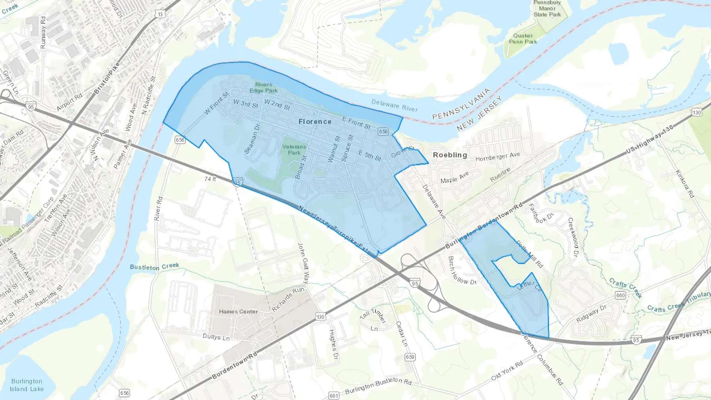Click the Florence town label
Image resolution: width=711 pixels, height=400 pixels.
315,122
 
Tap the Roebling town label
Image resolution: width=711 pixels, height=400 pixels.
450,155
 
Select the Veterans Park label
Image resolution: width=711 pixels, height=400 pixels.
294,150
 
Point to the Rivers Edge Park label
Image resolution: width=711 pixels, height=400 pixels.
263,88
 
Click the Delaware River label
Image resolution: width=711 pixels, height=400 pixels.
394,105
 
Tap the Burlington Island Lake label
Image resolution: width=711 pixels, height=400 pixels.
26,385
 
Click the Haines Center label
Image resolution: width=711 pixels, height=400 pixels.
238,312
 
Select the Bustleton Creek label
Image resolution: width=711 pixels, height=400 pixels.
154,267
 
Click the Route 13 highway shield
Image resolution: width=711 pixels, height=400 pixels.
160,15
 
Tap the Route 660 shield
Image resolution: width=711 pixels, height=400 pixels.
620,295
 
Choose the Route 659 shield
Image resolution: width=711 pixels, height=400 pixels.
410,357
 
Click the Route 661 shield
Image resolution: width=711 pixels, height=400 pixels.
334,395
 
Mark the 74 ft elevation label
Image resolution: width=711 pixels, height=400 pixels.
210,179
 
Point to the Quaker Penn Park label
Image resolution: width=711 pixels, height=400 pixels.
523,39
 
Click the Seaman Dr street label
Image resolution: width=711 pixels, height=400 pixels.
252,139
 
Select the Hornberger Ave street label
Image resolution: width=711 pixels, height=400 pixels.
498,157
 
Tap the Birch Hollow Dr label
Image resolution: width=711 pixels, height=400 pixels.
461,271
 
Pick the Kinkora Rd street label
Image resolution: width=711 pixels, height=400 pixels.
685,184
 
